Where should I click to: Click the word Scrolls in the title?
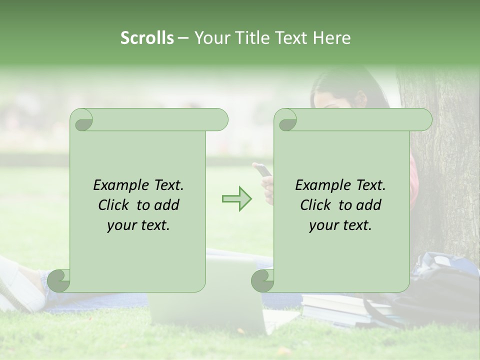click(x=147, y=38)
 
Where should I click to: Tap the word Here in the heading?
click(x=331, y=38)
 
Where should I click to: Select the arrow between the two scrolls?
click(x=236, y=198)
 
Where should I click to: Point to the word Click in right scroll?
click(x=316, y=205)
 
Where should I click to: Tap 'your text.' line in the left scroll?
click(x=138, y=225)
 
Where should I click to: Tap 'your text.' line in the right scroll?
click(x=340, y=225)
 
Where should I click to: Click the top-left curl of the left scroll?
click(x=81, y=120)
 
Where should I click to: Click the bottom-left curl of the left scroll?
click(x=59, y=280)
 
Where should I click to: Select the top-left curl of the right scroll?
click(x=285, y=120)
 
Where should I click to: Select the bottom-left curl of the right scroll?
click(x=262, y=280)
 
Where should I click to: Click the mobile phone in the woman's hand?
click(x=264, y=170)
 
